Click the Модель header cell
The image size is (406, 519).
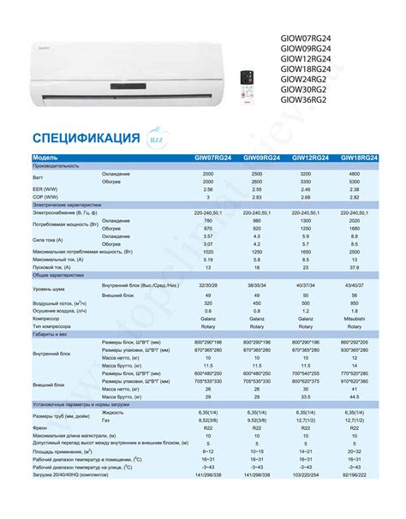[47, 158]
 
